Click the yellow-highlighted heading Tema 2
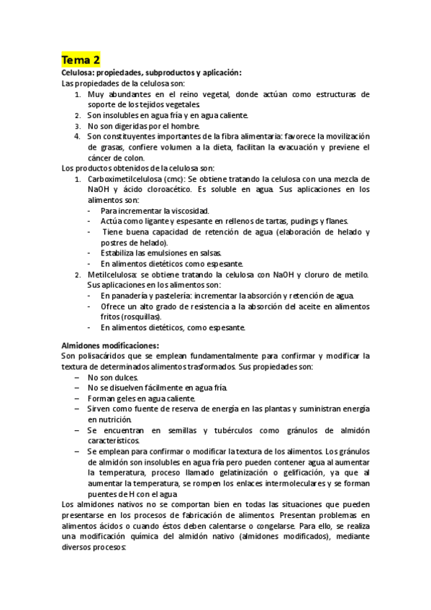81,59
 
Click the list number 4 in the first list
77,137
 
